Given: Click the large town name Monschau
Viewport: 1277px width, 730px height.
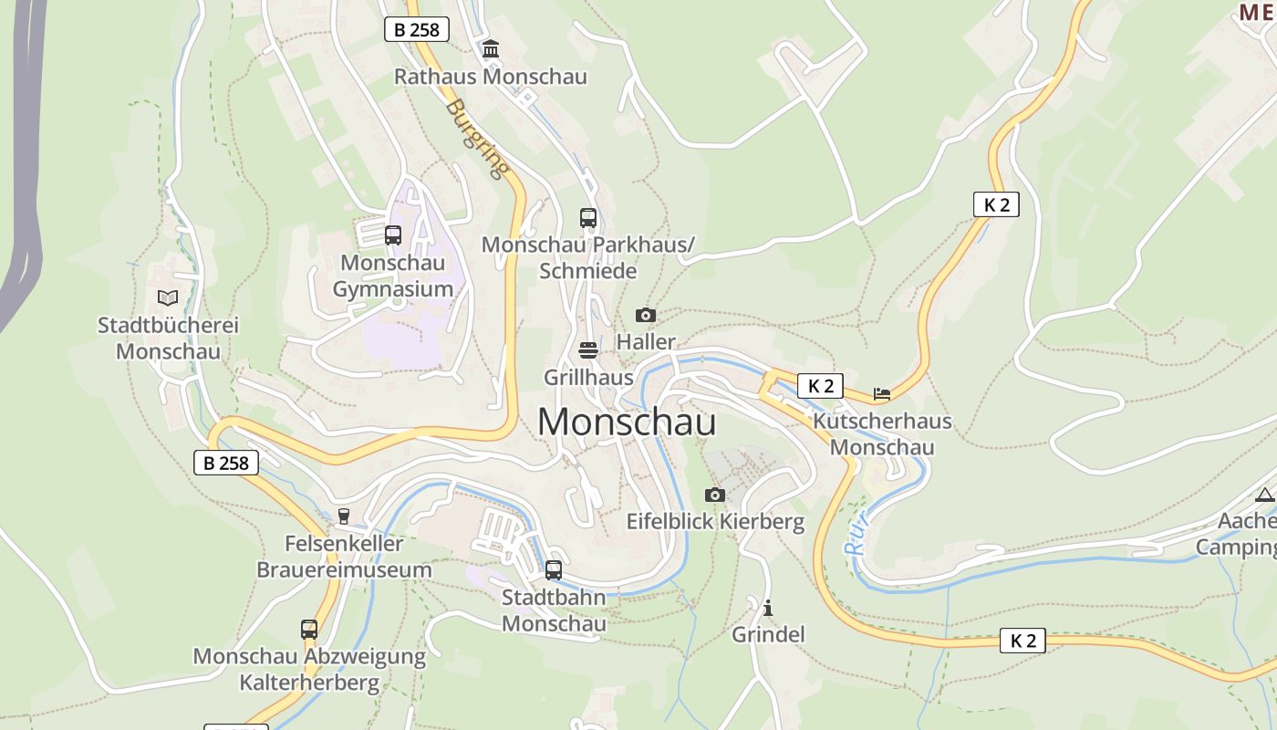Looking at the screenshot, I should tap(626, 422).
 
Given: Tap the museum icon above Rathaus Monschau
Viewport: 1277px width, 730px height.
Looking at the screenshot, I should tap(491, 48).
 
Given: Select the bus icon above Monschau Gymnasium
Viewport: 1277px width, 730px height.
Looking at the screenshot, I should tap(393, 235).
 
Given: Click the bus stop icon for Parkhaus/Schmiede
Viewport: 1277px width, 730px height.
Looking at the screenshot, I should tap(588, 218).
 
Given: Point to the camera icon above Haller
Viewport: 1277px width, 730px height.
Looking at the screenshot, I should tap(646, 315).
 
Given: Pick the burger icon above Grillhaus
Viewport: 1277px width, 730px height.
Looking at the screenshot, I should tap(588, 350).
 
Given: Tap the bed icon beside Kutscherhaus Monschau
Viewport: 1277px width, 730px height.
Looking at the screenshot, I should tap(881, 394).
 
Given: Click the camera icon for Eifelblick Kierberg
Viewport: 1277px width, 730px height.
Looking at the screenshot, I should tap(715, 495).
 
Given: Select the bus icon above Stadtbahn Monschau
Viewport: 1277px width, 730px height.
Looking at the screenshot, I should tap(554, 570).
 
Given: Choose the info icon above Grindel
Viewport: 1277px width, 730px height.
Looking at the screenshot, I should tap(768, 608).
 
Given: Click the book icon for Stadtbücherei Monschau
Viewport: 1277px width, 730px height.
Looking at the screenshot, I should tap(167, 297).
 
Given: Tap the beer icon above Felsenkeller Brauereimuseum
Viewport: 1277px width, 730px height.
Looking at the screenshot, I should tap(344, 516).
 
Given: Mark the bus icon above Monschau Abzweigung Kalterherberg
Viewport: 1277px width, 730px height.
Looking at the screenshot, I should tap(309, 630).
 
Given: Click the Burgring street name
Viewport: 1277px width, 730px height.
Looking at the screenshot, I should tap(477, 138).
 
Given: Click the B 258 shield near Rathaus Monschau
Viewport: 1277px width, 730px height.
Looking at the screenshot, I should tap(417, 29).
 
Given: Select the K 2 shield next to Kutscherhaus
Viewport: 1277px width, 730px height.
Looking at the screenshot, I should tap(820, 386).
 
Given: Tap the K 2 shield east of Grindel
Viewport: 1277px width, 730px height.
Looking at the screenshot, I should tap(1023, 641).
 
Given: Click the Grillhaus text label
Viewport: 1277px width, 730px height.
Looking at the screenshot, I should tap(588, 377).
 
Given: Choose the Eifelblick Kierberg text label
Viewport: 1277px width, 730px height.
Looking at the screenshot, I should tap(715, 522).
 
